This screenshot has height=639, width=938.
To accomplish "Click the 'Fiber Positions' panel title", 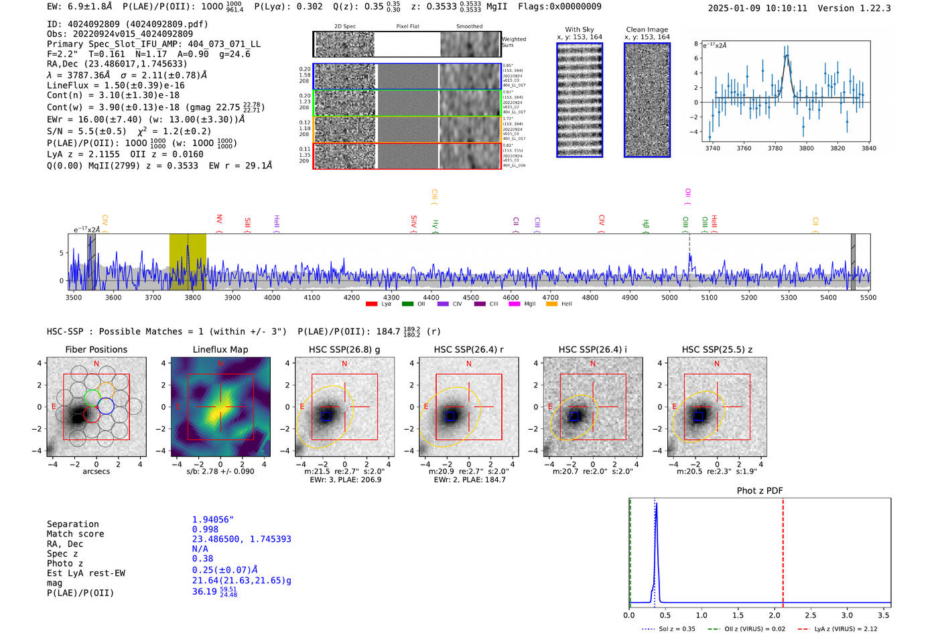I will point(96,349).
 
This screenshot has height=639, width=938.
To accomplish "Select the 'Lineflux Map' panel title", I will point(220,349).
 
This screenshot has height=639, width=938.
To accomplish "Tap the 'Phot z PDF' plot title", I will point(759,490).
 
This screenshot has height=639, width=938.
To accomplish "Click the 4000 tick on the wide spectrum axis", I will point(272,297).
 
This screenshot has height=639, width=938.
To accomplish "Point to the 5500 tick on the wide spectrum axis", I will point(868,297).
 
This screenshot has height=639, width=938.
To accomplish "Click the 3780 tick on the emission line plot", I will point(775,148).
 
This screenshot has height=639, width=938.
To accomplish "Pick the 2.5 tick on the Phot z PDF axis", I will point(811,615).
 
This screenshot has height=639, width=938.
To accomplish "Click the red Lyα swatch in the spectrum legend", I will point(371,304).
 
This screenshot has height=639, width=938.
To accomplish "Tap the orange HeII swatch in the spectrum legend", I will point(552,304).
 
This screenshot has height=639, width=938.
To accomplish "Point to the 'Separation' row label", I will point(72,524).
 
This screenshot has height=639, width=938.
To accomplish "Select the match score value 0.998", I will point(205,529).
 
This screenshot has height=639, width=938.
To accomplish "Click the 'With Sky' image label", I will point(579,30).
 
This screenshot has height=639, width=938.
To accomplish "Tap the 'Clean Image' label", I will point(647,30).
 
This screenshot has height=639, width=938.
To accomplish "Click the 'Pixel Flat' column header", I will point(407,27).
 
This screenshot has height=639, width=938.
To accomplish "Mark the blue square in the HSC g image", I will point(326,416).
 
